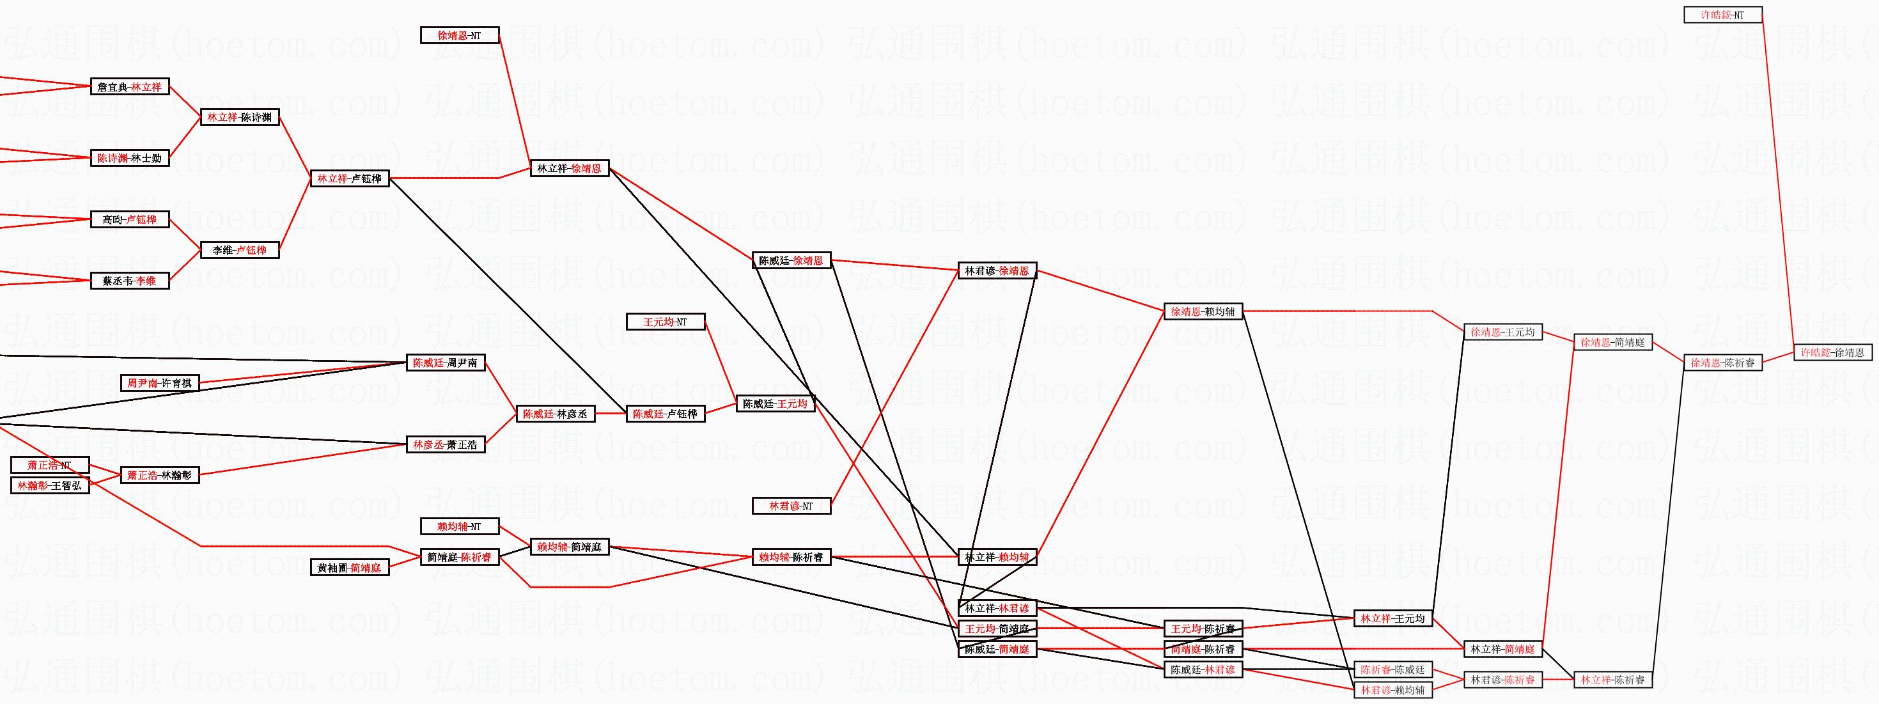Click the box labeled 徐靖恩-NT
coord(460,35)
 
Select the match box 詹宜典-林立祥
coord(130,87)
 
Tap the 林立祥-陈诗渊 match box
coord(240,118)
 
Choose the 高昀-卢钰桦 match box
coord(130,219)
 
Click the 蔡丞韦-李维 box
coord(130,281)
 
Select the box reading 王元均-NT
coord(666,322)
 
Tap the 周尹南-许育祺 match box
coord(160,383)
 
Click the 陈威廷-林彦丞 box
coord(555,414)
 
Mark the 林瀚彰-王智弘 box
coord(50,485)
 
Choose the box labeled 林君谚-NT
coord(791,506)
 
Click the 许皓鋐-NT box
coord(1722,15)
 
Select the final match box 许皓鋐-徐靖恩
coord(1832,352)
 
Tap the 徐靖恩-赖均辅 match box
coord(1203,311)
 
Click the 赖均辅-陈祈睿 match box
coord(791,558)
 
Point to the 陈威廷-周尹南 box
coord(445,363)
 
